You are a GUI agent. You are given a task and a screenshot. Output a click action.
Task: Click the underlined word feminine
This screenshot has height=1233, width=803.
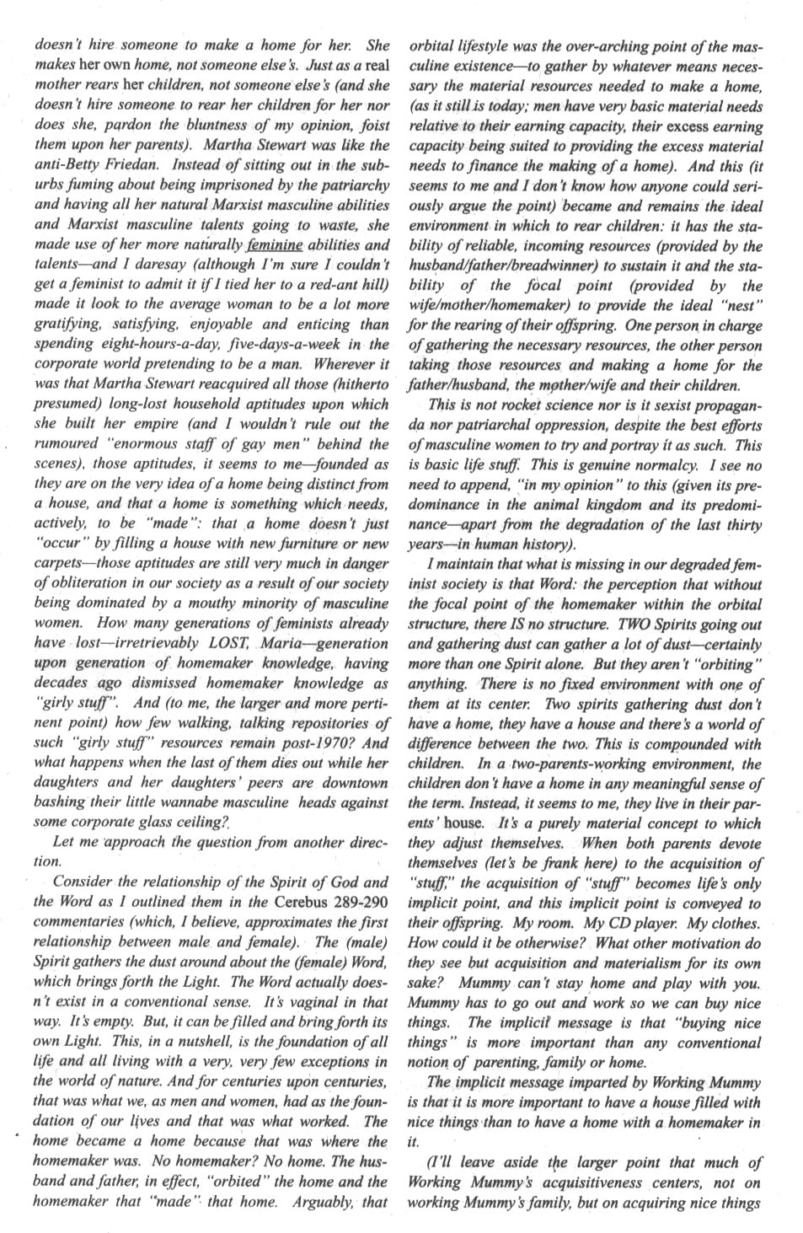275,246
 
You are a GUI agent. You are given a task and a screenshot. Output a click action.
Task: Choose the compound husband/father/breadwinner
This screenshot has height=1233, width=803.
479,266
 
